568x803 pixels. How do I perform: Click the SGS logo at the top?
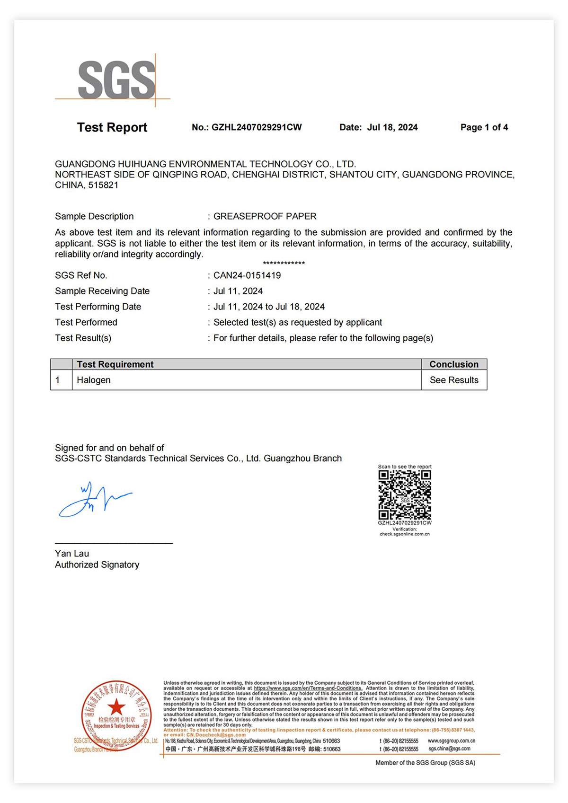point(116,79)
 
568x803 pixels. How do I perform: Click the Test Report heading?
point(112,127)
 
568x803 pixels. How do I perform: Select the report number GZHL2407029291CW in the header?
point(257,127)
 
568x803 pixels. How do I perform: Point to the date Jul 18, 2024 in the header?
point(392,127)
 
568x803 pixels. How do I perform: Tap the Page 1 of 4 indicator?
point(484,127)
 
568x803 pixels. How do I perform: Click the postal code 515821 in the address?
point(103,185)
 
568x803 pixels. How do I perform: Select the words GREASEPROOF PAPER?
point(265,216)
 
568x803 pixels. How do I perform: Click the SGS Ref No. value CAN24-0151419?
point(247,275)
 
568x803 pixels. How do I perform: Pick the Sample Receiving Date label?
point(102,291)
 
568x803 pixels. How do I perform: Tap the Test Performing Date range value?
point(269,307)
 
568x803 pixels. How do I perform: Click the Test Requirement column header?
point(115,364)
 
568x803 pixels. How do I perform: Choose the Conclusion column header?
point(454,364)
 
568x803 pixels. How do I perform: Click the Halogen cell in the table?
point(94,380)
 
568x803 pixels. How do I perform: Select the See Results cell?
point(454,380)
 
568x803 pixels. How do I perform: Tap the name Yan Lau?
point(72,554)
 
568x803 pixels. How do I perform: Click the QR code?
point(405,495)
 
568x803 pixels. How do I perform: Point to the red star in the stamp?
point(116,707)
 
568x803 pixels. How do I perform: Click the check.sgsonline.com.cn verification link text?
point(405,534)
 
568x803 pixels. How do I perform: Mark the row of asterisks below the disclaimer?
point(284,264)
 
